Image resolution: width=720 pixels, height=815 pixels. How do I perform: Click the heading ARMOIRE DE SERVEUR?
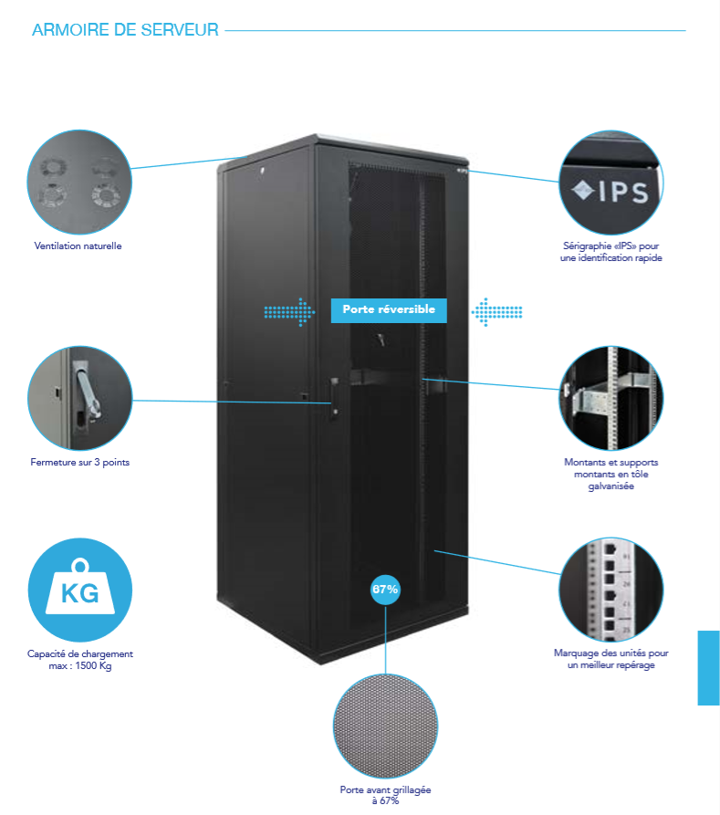pos(125,30)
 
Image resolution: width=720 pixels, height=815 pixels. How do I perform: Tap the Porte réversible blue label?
pos(389,310)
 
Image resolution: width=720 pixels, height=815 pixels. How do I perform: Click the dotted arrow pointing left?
pos(496,311)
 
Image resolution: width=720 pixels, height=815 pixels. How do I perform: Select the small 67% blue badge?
pos(385,590)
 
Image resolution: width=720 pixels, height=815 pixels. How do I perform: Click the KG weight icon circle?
pos(80,591)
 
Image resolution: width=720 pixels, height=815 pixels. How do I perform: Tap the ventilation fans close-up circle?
pos(80,182)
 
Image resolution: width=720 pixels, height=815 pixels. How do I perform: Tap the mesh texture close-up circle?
pos(385,726)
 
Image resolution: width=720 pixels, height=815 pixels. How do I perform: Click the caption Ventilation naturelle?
pos(78,246)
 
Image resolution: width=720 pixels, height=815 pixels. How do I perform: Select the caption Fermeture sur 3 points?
pos(80,463)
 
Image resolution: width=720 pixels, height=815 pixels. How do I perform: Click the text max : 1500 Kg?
pos(80,666)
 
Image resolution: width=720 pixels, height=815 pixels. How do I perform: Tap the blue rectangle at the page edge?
pos(708,667)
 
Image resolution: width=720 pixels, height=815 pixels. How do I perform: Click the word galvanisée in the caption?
pos(610,486)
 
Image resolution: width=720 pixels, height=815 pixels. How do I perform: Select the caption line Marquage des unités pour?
pos(610,653)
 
